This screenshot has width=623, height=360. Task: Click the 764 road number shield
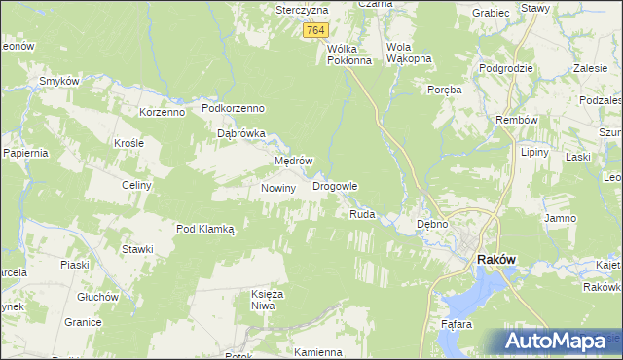click(x=314, y=31)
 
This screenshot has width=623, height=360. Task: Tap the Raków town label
click(x=495, y=260)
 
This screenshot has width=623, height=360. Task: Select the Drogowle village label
click(x=335, y=185)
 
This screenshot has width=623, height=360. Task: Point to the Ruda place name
click(x=362, y=213)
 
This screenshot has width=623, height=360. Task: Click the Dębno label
click(x=431, y=224)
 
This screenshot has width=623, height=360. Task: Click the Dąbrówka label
click(x=241, y=134)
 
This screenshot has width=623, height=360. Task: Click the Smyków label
click(x=57, y=81)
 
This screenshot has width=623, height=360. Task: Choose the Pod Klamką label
click(x=205, y=229)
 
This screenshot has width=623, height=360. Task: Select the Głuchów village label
click(x=97, y=297)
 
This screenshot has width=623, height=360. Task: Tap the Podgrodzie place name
click(x=505, y=68)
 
